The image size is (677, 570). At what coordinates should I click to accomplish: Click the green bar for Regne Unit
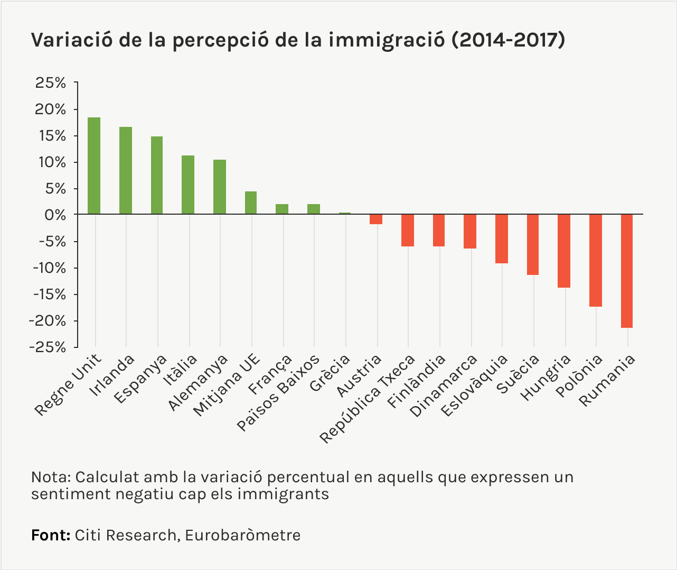click(94, 166)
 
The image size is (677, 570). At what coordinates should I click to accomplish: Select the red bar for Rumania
click(627, 271)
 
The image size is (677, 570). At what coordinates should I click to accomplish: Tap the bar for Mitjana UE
click(251, 203)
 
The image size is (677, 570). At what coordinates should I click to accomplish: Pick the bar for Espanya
click(157, 175)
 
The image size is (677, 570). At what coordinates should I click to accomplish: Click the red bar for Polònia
click(596, 260)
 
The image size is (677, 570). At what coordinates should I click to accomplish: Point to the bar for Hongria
click(565, 251)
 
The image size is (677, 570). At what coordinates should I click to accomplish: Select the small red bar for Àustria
click(376, 219)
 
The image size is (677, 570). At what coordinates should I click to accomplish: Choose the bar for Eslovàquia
click(502, 238)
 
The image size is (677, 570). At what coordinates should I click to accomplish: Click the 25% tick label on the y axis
click(51, 83)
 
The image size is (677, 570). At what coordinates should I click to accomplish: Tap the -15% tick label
click(49, 295)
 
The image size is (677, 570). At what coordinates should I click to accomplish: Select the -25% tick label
click(49, 347)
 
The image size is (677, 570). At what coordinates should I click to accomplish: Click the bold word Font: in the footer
click(51, 535)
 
